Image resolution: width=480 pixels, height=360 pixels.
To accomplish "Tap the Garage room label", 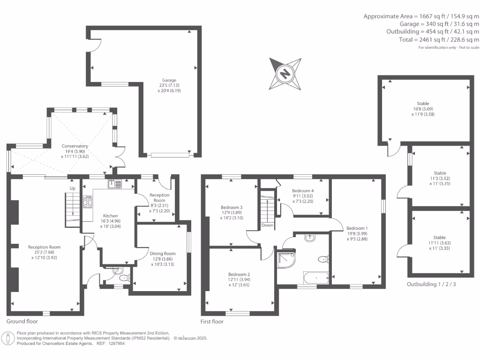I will [x=170, y=80].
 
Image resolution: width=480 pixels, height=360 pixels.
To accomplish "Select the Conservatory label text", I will [x=75, y=146].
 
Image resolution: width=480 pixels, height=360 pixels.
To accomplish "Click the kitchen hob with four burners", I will [x=88, y=202].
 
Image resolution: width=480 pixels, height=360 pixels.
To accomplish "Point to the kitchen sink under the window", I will [x=114, y=184].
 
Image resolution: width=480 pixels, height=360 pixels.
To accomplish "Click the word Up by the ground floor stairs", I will [x=72, y=188].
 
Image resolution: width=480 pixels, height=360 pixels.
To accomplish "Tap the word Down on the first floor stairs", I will [x=267, y=225].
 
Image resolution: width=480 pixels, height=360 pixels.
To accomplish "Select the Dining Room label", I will [x=163, y=254].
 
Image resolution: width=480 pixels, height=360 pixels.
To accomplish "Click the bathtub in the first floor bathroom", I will [x=316, y=278].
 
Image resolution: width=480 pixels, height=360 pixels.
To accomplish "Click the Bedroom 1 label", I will [x=357, y=228].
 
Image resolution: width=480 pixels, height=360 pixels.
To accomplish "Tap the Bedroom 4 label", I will [x=302, y=191].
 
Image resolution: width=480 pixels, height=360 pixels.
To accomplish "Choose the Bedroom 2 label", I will [x=239, y=274].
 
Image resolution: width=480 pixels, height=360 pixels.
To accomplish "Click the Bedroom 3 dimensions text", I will [x=232, y=218].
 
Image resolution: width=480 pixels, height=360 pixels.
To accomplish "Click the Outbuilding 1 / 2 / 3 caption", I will [x=431, y=285].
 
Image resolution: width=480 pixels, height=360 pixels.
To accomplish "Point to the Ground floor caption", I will [x=22, y=322].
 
